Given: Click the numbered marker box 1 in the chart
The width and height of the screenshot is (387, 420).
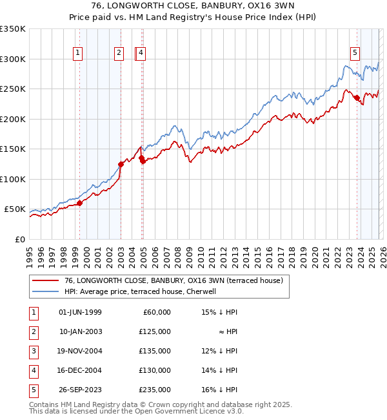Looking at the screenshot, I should point(78,54).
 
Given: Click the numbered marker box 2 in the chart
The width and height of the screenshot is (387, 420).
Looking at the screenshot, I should point(119,54).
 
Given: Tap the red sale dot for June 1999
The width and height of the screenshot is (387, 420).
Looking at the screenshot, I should point(80,203).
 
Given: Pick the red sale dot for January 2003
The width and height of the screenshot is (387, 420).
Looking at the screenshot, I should point(121,164).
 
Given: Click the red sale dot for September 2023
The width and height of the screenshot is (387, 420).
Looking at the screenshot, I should point(357,98).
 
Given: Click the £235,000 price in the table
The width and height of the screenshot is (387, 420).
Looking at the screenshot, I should point(155,390).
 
